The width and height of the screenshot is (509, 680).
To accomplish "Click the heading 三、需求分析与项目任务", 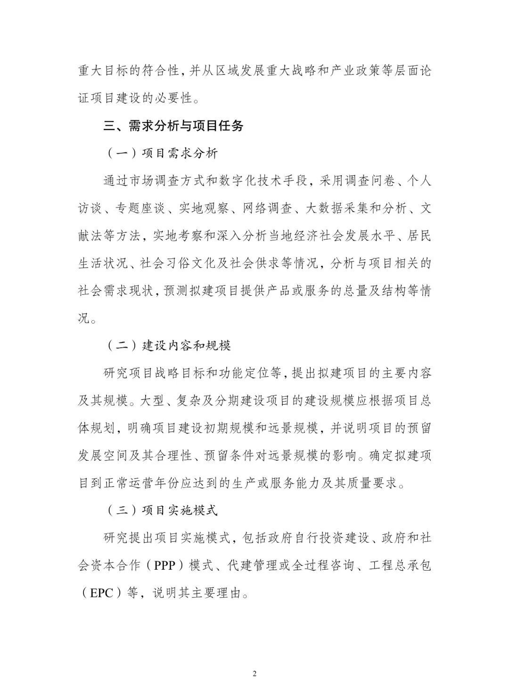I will click(x=173, y=126).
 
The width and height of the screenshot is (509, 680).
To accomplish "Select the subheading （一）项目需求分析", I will click(x=160, y=153).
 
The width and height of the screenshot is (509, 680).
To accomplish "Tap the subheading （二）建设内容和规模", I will click(x=167, y=346).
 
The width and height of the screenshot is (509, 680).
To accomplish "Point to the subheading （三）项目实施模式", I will click(x=160, y=511).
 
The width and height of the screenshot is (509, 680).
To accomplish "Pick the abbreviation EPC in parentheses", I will click(x=101, y=593).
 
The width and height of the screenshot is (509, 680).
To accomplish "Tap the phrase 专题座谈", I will click(x=140, y=208).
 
